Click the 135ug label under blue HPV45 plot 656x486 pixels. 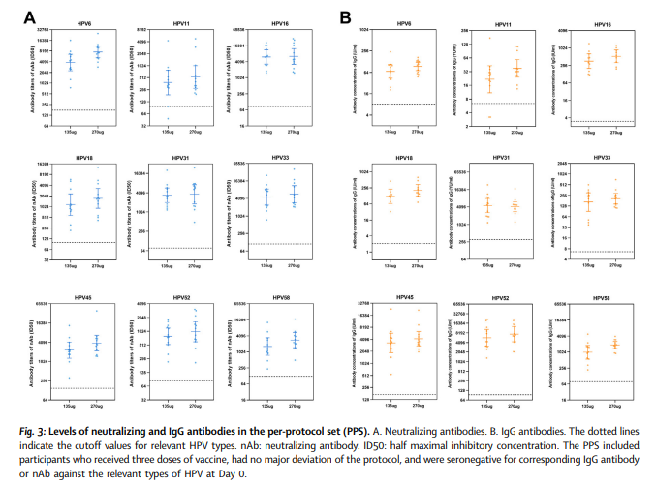70,402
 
